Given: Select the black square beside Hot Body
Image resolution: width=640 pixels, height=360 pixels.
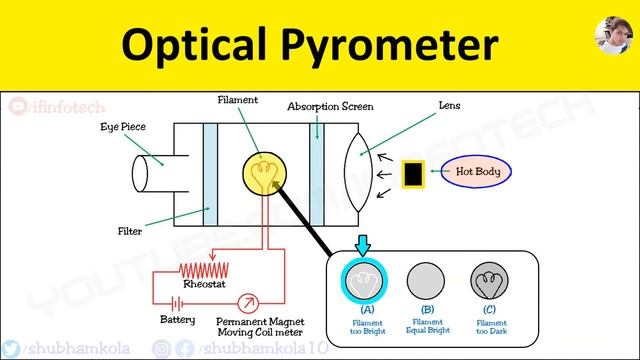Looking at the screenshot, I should (412, 173).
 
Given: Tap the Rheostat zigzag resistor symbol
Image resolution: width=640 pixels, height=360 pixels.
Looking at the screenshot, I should (204, 269).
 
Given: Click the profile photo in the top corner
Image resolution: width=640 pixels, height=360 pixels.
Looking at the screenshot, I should (610, 41).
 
